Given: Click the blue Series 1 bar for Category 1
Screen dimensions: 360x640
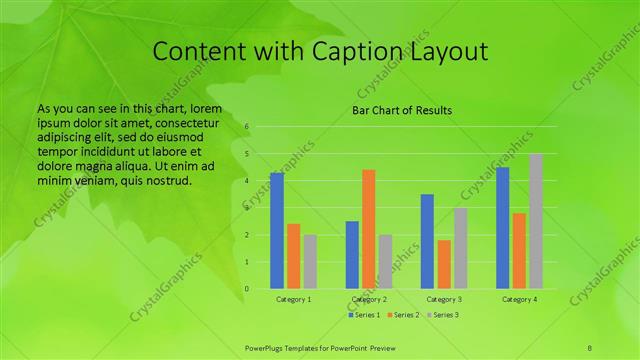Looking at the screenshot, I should pos(277,231).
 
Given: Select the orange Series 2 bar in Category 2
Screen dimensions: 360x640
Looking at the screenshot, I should pos(368,229).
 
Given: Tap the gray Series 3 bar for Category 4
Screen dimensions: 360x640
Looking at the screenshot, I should pos(536,221).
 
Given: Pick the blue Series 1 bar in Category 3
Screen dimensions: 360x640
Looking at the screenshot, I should pos(427,241).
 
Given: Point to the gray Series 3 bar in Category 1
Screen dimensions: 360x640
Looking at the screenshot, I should pos(310,262).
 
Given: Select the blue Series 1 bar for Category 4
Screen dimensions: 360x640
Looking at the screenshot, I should pos(503,228).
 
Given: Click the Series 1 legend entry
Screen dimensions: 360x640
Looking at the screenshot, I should pos(365,315).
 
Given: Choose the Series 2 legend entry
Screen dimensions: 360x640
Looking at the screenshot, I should pos(404,315).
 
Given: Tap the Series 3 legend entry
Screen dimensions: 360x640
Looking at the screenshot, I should pos(443,315).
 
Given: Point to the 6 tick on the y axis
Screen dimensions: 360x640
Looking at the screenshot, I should pos(247,127).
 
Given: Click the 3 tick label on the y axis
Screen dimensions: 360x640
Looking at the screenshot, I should pos(247,208).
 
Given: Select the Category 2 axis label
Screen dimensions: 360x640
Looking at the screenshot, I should pos(369,299).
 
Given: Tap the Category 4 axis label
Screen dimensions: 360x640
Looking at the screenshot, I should pos(519,299).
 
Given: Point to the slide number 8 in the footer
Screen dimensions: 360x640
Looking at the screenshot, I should pos(590,347).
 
